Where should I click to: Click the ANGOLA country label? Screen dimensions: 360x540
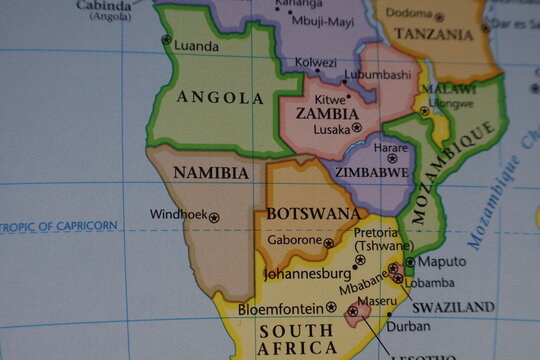[220, 98]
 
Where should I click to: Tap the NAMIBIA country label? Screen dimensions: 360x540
[211, 173]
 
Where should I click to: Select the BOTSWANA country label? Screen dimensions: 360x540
[313, 214]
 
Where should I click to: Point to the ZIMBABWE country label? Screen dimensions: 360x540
[372, 172]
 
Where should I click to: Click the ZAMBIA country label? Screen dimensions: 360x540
[327, 114]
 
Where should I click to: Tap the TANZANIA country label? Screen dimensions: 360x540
[434, 35]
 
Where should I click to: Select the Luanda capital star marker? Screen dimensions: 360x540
[166, 40]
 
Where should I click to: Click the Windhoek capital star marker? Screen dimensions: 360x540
[214, 216]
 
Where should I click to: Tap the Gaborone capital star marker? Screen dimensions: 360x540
[329, 242]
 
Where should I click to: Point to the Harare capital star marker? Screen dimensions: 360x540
[392, 158]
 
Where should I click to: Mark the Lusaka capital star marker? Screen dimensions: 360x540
[357, 128]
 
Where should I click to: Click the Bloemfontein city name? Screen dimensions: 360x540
[281, 308]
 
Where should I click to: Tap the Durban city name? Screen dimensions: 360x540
[408, 326]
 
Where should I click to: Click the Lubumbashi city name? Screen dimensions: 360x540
[377, 74]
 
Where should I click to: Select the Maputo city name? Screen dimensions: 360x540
[440, 261]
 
